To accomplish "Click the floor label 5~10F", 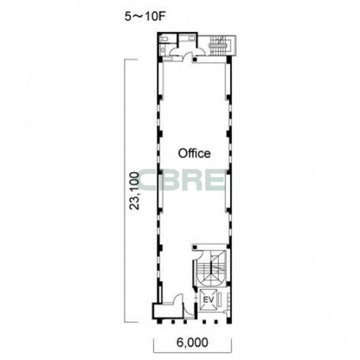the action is pyautogui.click(x=145, y=17).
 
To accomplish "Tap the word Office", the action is pyautogui.click(x=195, y=154).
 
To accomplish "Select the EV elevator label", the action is pyautogui.click(x=208, y=300).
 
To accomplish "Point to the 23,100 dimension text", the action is pyautogui.click(x=134, y=191).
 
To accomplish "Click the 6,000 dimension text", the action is pyautogui.click(x=193, y=342).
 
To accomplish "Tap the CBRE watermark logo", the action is pyautogui.click(x=181, y=180).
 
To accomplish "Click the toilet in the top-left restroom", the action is pyautogui.click(x=164, y=39).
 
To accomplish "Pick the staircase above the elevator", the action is pyautogui.click(x=210, y=268).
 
